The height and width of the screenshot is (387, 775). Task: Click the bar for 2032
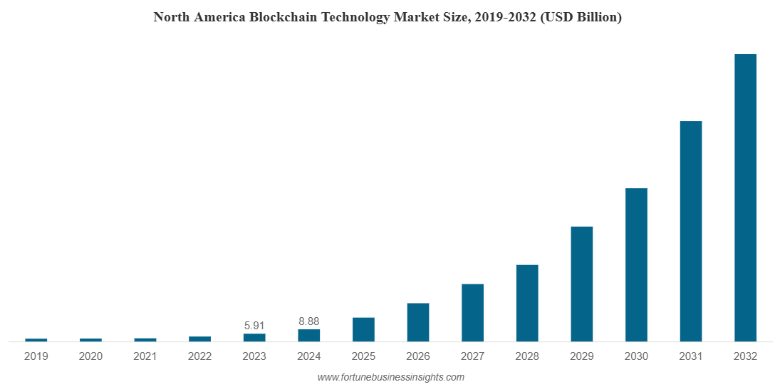tap(745, 197)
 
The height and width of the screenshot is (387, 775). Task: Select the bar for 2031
tap(690, 231)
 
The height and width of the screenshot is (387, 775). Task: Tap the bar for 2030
tap(636, 264)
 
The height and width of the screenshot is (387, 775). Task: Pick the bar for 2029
tap(581, 284)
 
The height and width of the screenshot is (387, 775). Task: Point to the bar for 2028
tap(527, 303)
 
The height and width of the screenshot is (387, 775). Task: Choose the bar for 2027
tap(472, 312)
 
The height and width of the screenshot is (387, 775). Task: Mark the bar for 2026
tap(418, 322)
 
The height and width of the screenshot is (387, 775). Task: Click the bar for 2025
tap(363, 329)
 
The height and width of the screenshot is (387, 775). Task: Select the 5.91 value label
tap(254, 326)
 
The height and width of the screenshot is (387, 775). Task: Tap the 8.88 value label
tap(308, 321)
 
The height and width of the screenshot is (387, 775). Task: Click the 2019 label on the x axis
tap(36, 356)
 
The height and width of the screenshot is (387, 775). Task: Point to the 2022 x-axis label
tap(200, 356)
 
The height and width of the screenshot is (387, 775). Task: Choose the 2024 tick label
tap(309, 356)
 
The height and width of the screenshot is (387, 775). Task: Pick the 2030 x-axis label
tap(636, 356)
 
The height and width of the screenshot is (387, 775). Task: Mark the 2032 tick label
tap(745, 356)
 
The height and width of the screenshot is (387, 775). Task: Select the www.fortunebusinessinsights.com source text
tap(390, 377)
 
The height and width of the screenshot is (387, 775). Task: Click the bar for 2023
tap(254, 337)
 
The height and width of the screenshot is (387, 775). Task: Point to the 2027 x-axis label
tap(472, 356)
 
